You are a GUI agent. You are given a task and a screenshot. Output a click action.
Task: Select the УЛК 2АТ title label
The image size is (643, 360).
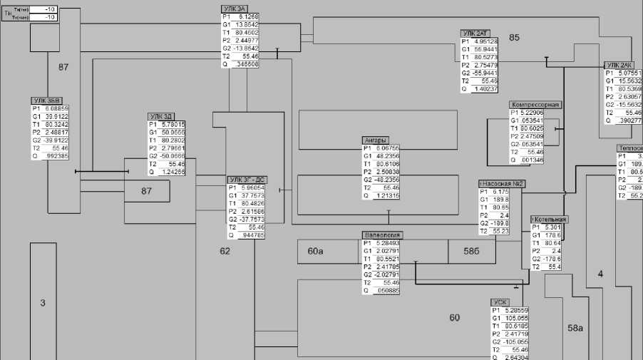click(x=475, y=33)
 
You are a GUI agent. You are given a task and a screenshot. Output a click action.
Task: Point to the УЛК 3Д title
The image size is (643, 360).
click(x=160, y=115)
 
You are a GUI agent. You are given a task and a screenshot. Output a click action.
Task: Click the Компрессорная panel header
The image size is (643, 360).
click(x=535, y=104)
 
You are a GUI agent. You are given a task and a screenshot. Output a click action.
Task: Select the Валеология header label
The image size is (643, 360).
click(x=383, y=235)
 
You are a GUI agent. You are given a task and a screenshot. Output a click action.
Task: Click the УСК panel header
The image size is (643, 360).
click(x=500, y=302)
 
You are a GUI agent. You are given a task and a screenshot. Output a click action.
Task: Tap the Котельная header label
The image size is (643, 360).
click(x=550, y=219)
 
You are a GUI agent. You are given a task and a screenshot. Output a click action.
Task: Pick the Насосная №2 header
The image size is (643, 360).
click(x=503, y=183)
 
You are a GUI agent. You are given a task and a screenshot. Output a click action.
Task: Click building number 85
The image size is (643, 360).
click(x=514, y=37)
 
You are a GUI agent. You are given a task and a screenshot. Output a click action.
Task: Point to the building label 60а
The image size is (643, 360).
click(x=315, y=252)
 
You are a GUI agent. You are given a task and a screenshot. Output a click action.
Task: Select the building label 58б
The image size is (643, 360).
click(x=470, y=252)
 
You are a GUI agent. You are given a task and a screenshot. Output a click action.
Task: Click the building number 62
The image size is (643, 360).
click(x=225, y=251)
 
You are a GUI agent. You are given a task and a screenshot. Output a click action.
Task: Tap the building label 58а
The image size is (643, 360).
click(x=575, y=328)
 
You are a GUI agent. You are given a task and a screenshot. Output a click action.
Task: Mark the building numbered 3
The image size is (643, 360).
click(x=42, y=303)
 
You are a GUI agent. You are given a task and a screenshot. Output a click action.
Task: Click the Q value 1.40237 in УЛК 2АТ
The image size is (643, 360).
click(x=485, y=89)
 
